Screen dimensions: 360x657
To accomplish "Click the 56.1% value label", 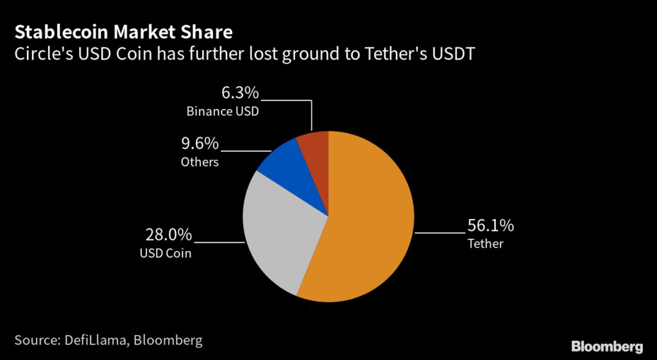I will point(491,226).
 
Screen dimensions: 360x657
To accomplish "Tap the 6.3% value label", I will point(241,92).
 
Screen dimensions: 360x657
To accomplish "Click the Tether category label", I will point(486,244).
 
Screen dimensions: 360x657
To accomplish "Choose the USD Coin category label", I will point(166,253).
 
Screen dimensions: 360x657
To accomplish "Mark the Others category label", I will point(200,162).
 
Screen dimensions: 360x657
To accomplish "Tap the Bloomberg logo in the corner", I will point(607,347).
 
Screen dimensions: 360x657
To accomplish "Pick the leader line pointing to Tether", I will point(439,232).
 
